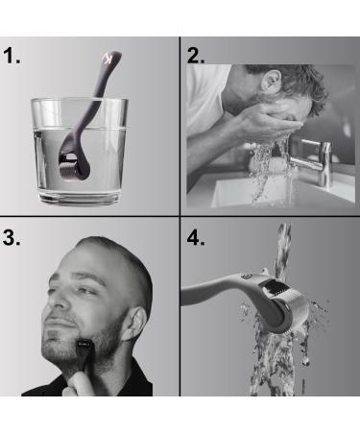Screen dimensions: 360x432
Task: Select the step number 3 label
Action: pyautogui.click(x=12, y=237)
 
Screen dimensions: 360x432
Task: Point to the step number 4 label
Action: pyautogui.click(x=196, y=237)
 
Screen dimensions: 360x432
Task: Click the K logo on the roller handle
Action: pyautogui.click(x=108, y=60)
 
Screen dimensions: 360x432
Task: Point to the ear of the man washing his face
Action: pyautogui.click(x=271, y=80)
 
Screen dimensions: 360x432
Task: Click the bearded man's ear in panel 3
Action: pyautogui.click(x=135, y=324)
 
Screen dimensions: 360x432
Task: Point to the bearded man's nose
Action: pyautogui.click(x=59, y=300)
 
